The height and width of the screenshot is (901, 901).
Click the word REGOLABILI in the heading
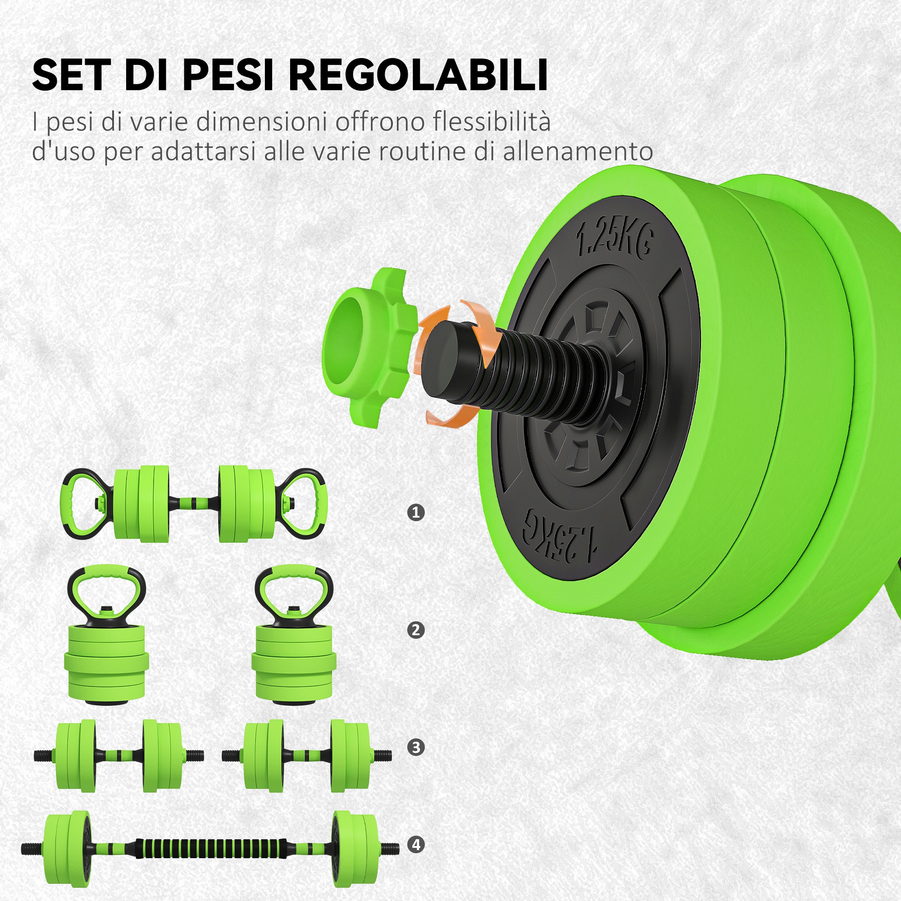(419, 75)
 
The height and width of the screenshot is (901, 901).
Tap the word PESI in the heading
(227, 75)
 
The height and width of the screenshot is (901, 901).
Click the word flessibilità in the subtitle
(491, 122)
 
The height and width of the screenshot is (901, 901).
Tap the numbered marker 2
(415, 631)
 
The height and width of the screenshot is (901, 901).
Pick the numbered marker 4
(415, 844)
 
